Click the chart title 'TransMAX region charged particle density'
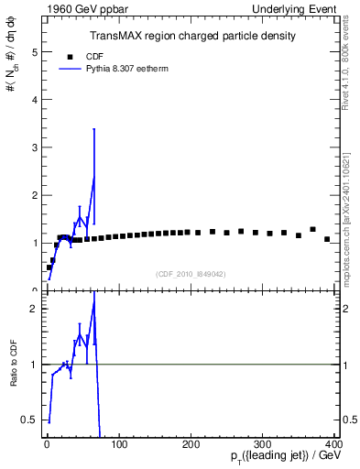[x=191, y=36]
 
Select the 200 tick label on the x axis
[x=191, y=445]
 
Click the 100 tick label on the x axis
[x=119, y=445]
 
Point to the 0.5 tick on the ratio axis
[x=32, y=420]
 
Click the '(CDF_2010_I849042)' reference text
[x=191, y=273]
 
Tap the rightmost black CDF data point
[x=327, y=239]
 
